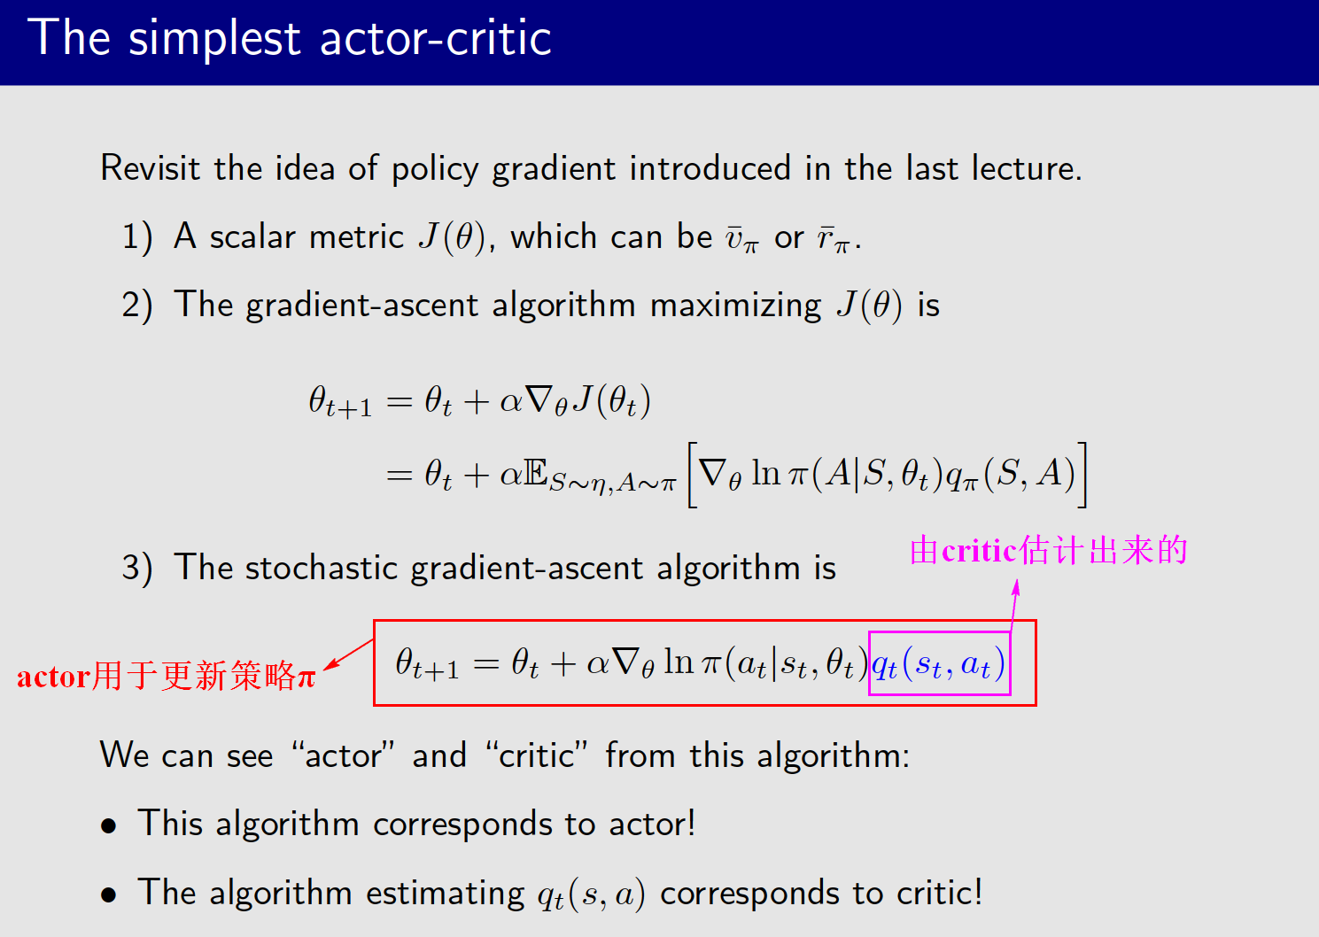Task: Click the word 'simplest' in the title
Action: (x=214, y=40)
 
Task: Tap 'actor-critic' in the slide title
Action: (x=435, y=38)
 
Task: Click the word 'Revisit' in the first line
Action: (x=150, y=167)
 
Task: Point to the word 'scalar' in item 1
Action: (x=252, y=236)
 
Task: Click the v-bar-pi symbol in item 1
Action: (x=741, y=238)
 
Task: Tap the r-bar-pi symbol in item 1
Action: (x=834, y=238)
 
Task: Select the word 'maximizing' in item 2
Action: (x=735, y=306)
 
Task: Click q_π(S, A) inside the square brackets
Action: (x=1010, y=475)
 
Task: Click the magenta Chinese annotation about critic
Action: (x=1048, y=551)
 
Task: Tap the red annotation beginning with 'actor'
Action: (x=167, y=676)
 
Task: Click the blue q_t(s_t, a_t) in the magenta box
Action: (x=938, y=663)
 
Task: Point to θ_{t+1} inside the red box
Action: (x=426, y=663)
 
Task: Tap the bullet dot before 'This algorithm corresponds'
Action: (x=109, y=826)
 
